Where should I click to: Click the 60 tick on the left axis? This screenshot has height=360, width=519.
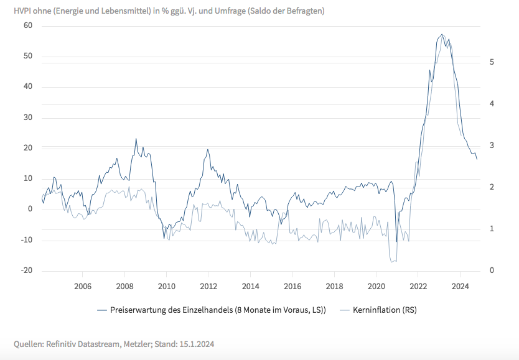point(27,25)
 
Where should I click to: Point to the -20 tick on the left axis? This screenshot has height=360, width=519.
point(26,271)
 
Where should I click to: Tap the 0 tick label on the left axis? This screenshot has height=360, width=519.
point(29,210)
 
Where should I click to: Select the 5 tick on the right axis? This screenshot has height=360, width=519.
point(492,62)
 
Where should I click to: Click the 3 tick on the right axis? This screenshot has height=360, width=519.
point(492,145)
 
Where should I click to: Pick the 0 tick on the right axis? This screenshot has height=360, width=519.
point(492,270)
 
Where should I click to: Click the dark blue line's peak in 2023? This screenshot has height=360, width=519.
point(441,35)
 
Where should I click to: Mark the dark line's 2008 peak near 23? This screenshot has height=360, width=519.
point(136,139)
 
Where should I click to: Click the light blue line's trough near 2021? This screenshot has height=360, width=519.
point(392,262)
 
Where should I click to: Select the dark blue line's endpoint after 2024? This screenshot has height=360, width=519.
point(477,160)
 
